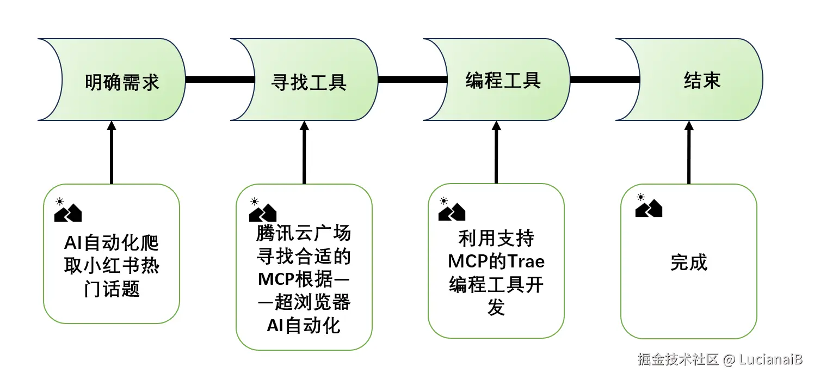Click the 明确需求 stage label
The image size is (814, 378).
[x=122, y=82]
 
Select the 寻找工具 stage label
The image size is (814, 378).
[x=309, y=82]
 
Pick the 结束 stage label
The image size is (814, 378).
[x=702, y=80]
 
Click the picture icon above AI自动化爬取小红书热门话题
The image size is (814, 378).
[x=67, y=210]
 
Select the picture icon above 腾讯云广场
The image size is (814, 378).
[x=262, y=210]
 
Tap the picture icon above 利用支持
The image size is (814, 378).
[x=452, y=209]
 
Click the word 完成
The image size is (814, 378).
[x=689, y=263]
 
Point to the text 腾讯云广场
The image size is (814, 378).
[x=304, y=234]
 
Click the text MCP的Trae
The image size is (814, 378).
[x=496, y=261]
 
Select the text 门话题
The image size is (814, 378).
[x=112, y=289]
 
